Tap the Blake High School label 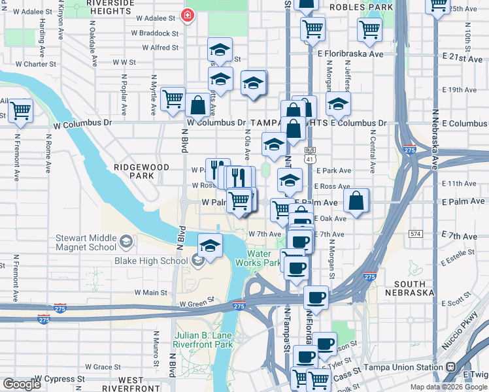point(151,261)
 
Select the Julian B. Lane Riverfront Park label point(203,340)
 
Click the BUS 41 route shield point(309,156)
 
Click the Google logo point(22,384)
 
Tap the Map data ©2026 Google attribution point(448,387)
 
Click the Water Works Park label point(263,258)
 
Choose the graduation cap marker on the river point(211,247)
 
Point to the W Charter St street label point(35,64)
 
